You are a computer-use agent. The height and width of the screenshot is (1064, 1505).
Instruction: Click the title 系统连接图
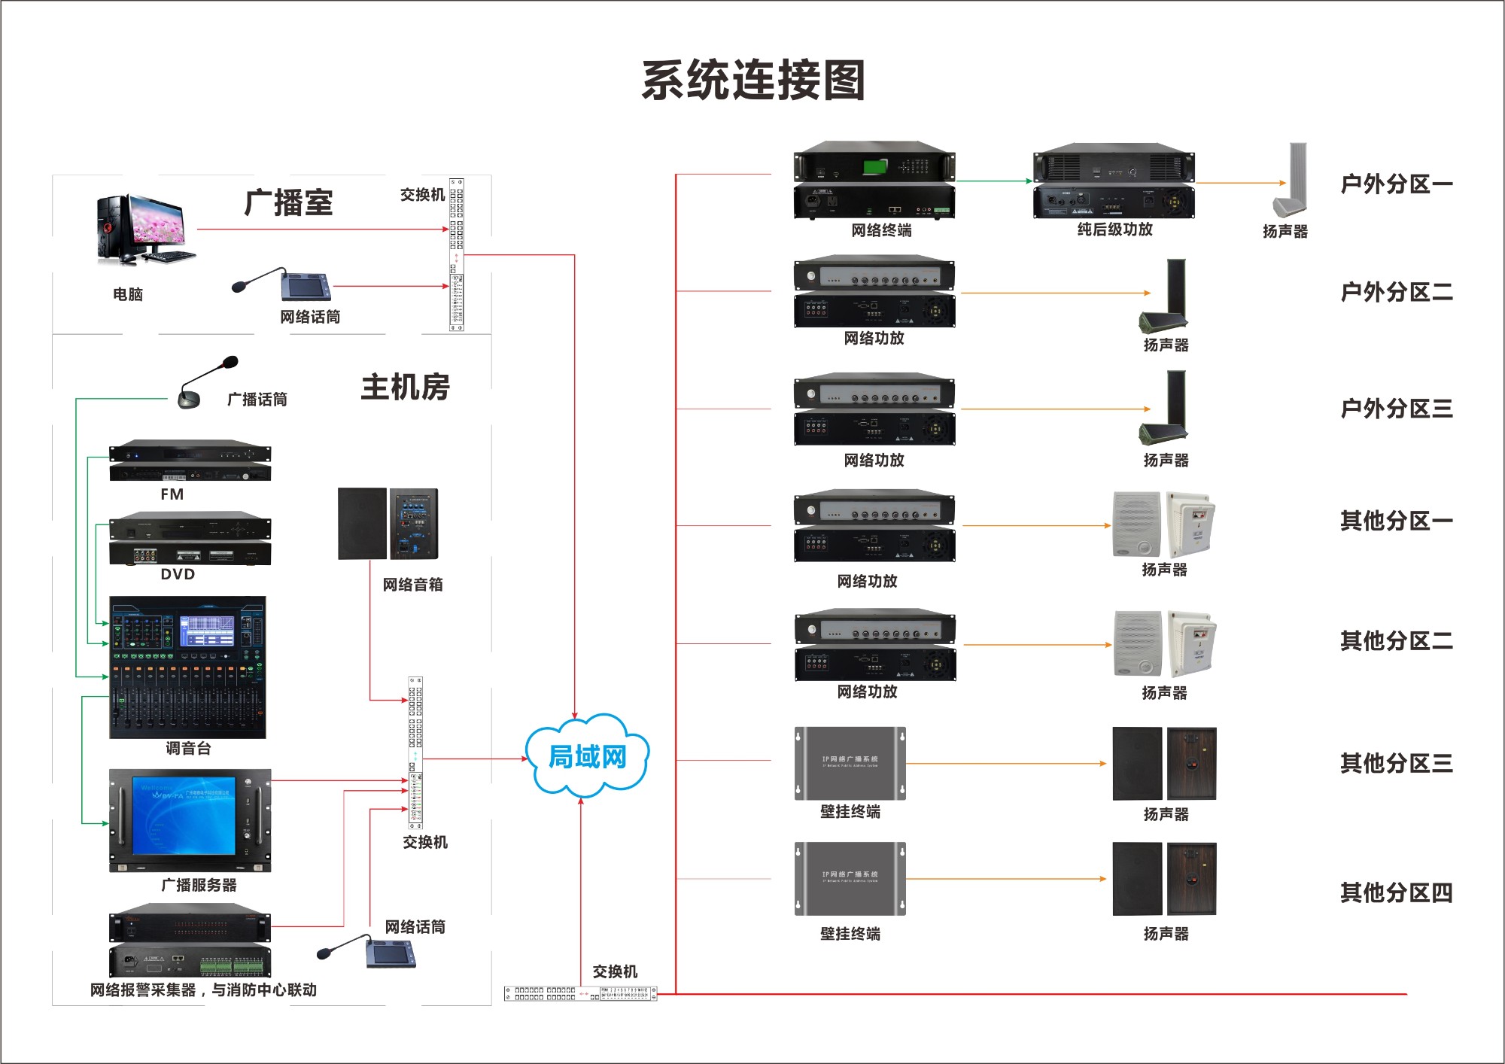pos(752,81)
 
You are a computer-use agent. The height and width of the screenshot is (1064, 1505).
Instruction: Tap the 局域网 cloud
pos(587,755)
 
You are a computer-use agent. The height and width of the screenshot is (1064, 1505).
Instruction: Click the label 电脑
pos(128,294)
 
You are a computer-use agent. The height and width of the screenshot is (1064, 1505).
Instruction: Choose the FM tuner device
pos(190,461)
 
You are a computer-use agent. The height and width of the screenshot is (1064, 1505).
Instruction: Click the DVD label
pos(178,574)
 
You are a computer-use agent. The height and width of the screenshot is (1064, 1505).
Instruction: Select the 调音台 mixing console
pos(187,667)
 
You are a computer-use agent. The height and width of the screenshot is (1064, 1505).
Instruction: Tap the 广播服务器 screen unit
pos(190,819)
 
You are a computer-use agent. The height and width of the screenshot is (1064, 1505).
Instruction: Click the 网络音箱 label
pos(412,585)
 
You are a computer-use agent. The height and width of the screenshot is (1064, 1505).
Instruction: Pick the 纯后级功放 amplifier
pos(1114,181)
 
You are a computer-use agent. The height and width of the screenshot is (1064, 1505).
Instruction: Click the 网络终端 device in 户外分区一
pos(874,181)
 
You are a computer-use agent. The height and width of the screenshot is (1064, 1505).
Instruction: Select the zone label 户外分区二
pos(1396,292)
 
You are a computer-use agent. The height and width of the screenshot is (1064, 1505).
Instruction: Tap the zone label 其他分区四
pos(1396,893)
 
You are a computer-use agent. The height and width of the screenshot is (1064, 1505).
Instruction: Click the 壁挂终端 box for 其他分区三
pos(850,763)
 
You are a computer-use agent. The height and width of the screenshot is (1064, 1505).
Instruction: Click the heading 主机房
pos(405,388)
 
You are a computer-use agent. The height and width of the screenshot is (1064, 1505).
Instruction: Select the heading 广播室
pos(288,203)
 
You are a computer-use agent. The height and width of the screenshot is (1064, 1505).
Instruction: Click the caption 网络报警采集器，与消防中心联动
pos(203,990)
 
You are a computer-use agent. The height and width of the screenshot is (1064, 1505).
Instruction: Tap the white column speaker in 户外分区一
pos(1291,181)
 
